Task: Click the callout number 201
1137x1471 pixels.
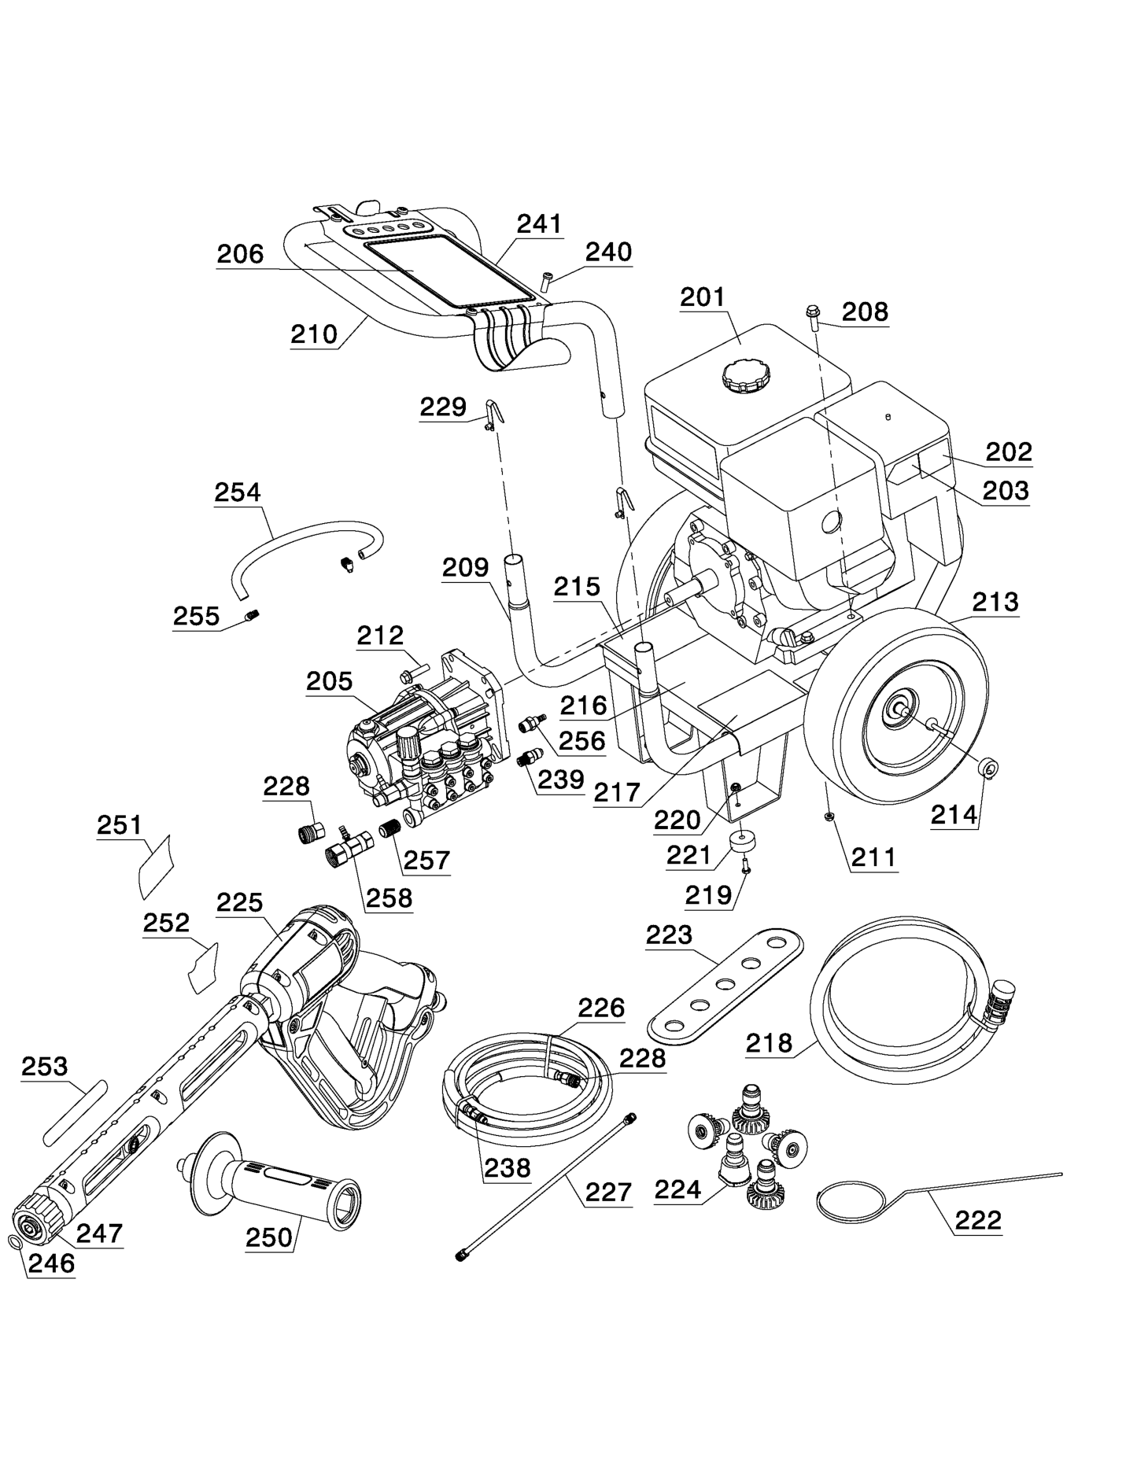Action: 702,297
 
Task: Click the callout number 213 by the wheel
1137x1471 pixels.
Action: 995,602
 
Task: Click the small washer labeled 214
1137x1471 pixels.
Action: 987,766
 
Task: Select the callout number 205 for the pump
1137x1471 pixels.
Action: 329,680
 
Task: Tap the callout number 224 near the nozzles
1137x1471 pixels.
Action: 677,1190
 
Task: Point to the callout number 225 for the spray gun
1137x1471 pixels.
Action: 239,902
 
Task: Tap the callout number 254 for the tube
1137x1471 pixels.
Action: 237,492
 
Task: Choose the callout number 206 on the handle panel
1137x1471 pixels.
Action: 240,254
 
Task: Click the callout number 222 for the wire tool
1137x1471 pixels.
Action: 977,1220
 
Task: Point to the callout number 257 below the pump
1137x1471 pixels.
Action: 426,860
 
